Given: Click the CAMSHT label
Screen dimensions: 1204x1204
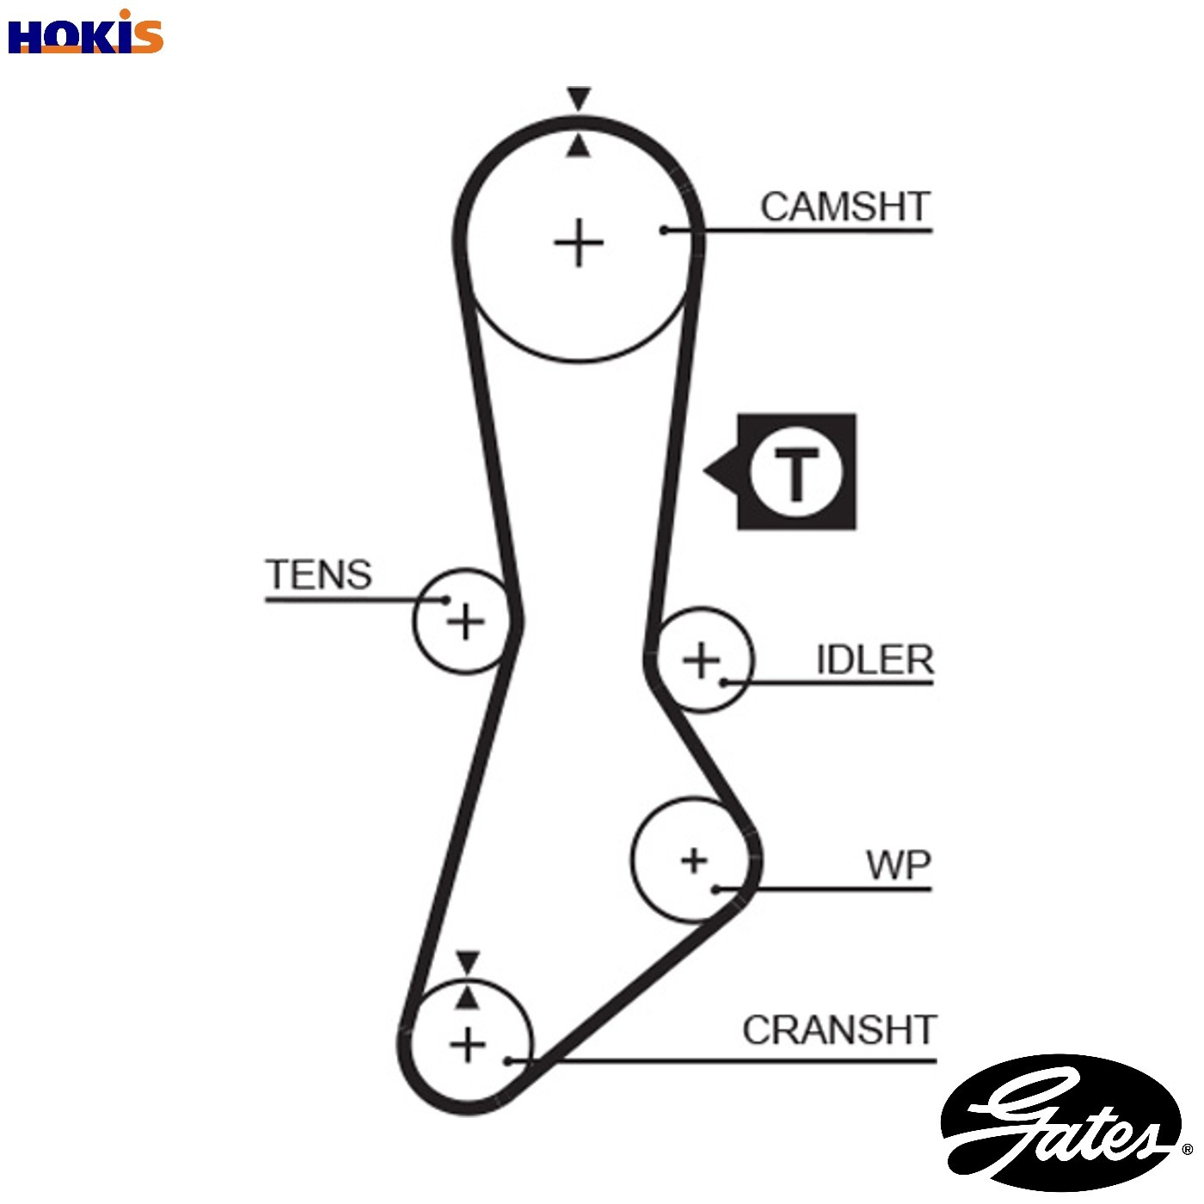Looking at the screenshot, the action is [x=845, y=206].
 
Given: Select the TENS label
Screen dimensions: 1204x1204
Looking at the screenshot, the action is [x=319, y=574].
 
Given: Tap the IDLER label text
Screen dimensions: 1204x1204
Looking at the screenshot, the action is [x=875, y=659].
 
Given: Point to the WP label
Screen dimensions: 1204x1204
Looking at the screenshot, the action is [x=899, y=865].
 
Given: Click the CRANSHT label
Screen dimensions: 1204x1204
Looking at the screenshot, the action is [x=839, y=1029].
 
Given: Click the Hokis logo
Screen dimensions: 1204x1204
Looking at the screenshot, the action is [x=85, y=33].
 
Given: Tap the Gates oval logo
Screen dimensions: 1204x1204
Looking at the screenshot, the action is [x=1061, y=1123].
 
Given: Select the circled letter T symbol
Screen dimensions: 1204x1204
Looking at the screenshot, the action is [x=795, y=472].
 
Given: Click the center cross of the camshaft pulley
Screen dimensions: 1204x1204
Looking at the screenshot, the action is [x=579, y=243].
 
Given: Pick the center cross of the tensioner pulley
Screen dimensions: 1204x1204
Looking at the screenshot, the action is [x=465, y=622].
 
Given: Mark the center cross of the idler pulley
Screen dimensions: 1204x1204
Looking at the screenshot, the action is [x=701, y=660].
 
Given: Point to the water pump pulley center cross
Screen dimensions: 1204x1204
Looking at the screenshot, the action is [x=693, y=861].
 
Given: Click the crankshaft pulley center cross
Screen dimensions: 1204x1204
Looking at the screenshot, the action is [x=467, y=1045].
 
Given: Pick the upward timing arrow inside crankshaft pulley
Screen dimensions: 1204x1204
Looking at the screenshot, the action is [x=467, y=998].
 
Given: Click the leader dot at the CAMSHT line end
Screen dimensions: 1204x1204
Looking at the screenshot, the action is [x=664, y=230].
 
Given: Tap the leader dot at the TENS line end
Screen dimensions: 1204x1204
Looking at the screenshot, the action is [x=445, y=599].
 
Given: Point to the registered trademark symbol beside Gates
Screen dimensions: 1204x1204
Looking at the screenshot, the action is [x=1187, y=1148].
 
